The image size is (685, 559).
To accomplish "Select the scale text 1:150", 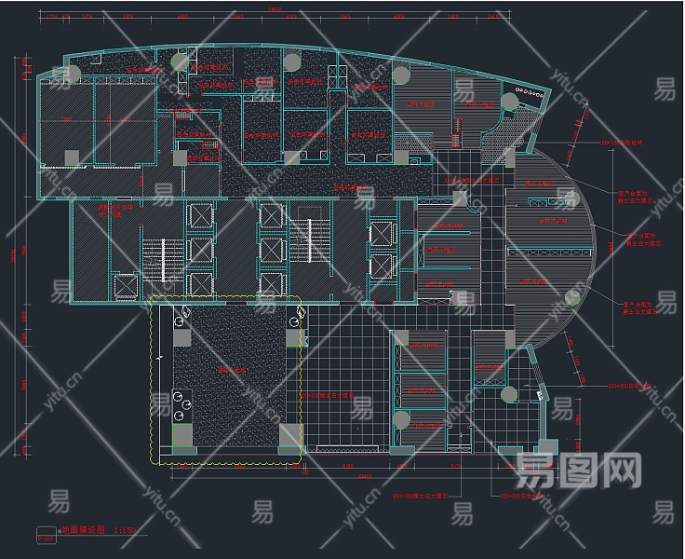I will point(124,528).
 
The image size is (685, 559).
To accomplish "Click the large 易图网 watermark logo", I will point(577,471).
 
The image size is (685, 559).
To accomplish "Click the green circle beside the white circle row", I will point(509,102).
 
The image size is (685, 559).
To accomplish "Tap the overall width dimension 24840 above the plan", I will point(274,10).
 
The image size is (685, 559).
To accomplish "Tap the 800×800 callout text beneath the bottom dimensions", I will point(420,494).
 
